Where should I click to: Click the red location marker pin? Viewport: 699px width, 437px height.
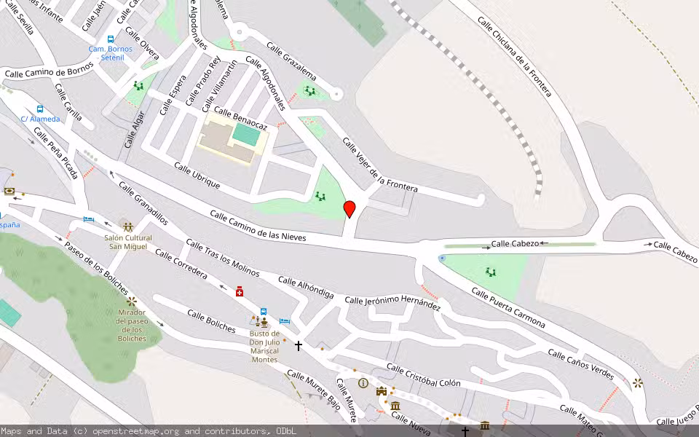click(349, 209)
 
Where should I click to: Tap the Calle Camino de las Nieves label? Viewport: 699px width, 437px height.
click(258, 226)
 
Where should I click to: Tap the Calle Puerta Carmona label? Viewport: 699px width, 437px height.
click(508, 306)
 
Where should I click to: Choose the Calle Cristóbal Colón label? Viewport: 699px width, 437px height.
click(423, 374)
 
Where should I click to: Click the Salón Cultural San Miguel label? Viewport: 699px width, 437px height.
click(128, 242)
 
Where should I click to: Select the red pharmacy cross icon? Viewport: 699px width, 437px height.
click(240, 291)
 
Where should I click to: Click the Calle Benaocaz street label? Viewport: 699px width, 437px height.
click(240, 120)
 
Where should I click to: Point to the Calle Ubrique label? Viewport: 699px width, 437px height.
click(197, 175)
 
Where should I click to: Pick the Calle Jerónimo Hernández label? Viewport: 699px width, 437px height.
click(392, 303)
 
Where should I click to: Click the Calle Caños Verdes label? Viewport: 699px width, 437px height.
click(580, 365)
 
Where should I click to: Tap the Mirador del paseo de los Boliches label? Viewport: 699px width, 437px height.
click(131, 326)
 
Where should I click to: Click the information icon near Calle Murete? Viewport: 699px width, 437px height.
click(363, 383)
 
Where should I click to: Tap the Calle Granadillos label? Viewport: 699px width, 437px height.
click(143, 203)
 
